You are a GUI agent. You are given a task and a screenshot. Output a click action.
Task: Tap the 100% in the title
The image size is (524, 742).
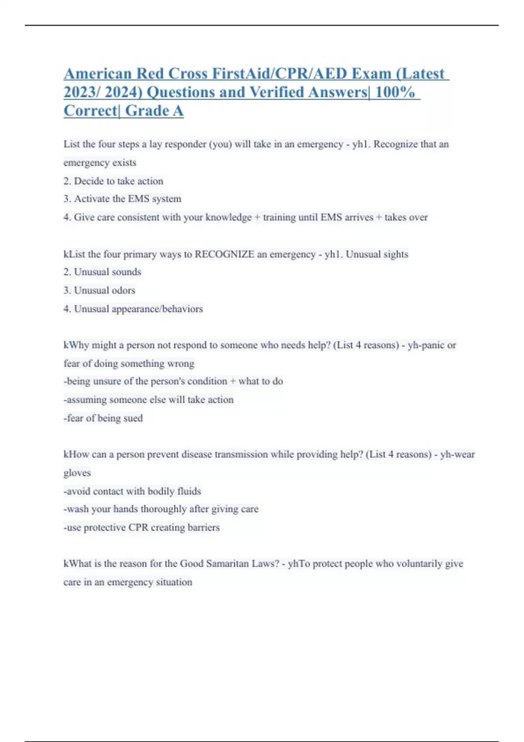pyautogui.click(x=395, y=93)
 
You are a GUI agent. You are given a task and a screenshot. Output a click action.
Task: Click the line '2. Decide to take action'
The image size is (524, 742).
pyautogui.click(x=114, y=181)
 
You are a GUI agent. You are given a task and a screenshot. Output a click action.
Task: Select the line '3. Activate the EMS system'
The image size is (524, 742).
pyautogui.click(x=122, y=199)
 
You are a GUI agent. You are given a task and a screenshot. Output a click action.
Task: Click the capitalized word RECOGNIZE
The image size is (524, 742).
pyautogui.click(x=224, y=254)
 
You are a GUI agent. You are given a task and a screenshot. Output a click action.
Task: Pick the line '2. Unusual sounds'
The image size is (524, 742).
pyautogui.click(x=102, y=272)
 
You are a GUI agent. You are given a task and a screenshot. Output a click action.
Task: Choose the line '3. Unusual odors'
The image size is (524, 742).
pyautogui.click(x=99, y=290)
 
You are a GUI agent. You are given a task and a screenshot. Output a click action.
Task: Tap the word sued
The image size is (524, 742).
pyautogui.click(x=133, y=418)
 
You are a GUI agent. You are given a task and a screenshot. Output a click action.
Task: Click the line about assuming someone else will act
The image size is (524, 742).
pyautogui.click(x=148, y=400)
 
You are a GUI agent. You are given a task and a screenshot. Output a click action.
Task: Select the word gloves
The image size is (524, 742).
pyautogui.click(x=77, y=473)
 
